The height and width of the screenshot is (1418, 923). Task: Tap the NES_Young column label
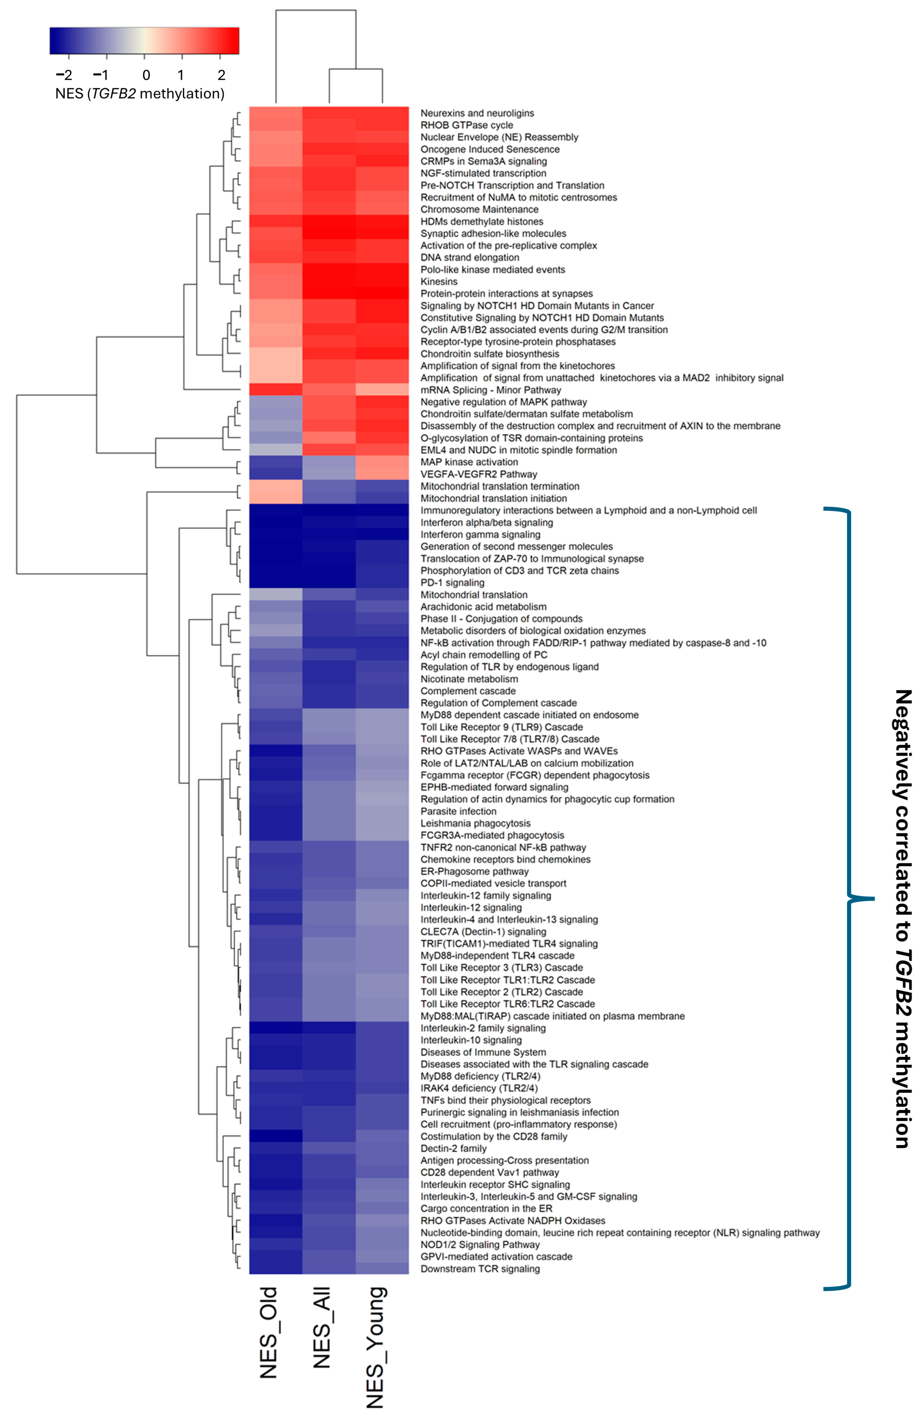click(x=376, y=1347)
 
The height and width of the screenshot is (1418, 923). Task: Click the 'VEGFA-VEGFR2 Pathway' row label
click(x=478, y=474)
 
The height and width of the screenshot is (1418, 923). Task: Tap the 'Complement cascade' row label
click(x=468, y=691)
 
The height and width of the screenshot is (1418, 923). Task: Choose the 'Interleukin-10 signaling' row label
click(x=471, y=1040)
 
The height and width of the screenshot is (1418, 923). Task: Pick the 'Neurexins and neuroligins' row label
click(x=477, y=113)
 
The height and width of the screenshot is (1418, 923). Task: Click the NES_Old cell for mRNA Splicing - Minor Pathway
click(x=275, y=390)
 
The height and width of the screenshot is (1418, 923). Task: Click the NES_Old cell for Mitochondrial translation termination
click(x=275, y=486)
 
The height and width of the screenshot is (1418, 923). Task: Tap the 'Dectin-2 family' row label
click(x=453, y=1149)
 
